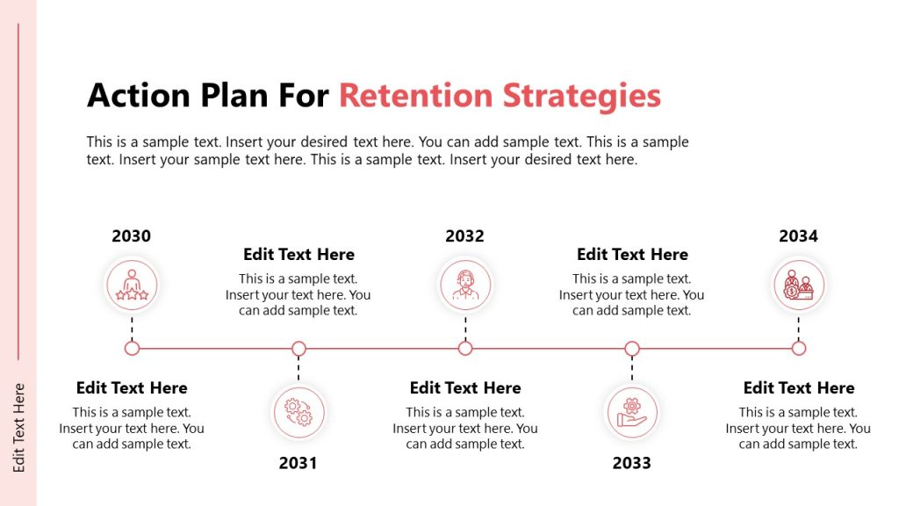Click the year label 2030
132,235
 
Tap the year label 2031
298,463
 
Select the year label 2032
464,235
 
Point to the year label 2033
631,463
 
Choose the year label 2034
798,235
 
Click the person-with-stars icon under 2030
132,285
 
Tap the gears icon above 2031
298,412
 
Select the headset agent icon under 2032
465,285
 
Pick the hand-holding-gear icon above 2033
631,412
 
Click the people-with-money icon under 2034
798,285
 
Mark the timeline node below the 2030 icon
132,349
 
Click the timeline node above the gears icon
298,349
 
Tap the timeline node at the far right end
798,349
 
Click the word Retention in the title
415,96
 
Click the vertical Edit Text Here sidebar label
19,428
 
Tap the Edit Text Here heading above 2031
298,255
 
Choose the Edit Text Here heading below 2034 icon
798,388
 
